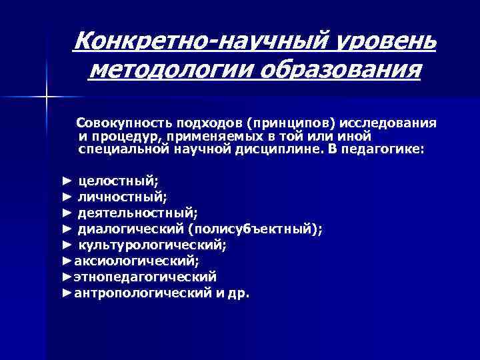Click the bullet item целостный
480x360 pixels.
(119, 180)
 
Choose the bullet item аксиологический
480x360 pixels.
(137, 261)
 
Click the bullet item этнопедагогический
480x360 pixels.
(145, 276)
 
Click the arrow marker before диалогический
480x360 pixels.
(66, 229)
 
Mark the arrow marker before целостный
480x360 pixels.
(66, 180)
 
